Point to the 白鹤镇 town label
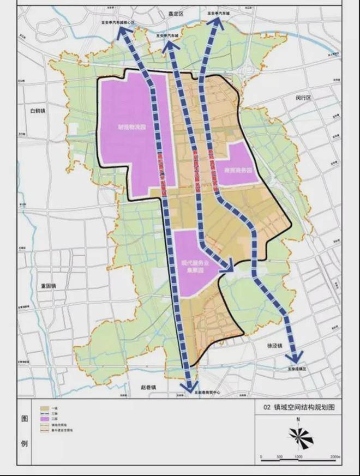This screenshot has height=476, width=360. coord(40,111)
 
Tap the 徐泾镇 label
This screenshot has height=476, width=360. coord(275,345)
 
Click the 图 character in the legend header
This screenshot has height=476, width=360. coord(24,419)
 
